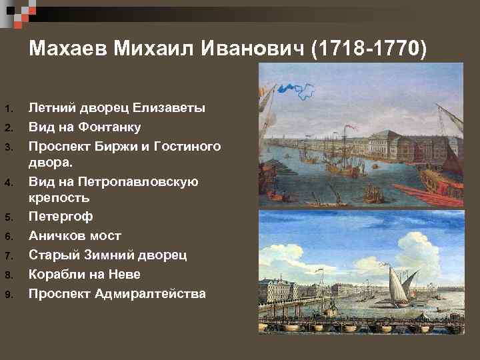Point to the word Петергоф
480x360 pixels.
coord(61,217)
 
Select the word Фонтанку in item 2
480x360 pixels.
coord(113,127)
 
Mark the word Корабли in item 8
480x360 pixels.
coord(59,273)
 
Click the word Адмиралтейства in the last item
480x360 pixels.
coord(150,293)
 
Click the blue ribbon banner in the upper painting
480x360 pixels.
coord(297,87)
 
